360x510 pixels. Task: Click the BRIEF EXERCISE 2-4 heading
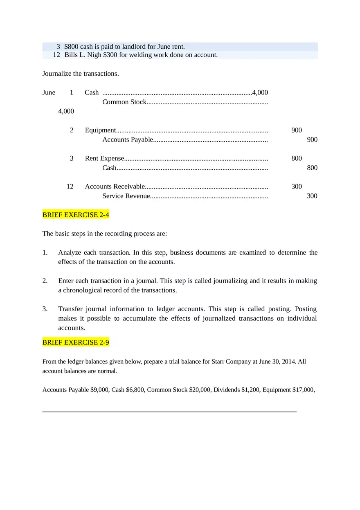76,215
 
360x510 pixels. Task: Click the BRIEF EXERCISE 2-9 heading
76,342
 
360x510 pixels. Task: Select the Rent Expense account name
104,158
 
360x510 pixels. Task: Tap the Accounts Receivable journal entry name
115,186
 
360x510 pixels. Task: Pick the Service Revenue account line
126,196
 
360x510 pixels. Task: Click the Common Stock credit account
124,102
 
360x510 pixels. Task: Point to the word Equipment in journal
100,130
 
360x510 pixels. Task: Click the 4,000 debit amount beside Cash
260,92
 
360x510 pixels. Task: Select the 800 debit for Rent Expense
297,158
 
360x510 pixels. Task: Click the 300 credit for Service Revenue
312,196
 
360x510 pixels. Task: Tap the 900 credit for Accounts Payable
312,139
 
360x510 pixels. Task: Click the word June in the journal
49,92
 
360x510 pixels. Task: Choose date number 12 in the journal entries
70,186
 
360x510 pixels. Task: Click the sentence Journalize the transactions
81,74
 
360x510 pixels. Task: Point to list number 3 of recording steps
45,309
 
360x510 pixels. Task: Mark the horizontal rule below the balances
169,412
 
